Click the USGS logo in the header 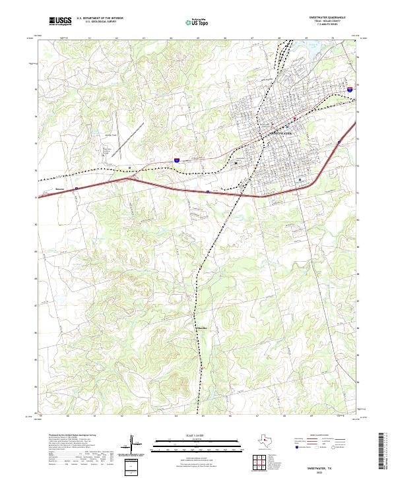[x=60, y=21]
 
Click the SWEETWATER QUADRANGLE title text [x=327, y=18]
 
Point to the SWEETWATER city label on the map [x=282, y=134]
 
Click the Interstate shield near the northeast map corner [x=349, y=87]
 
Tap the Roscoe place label [x=59, y=188]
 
